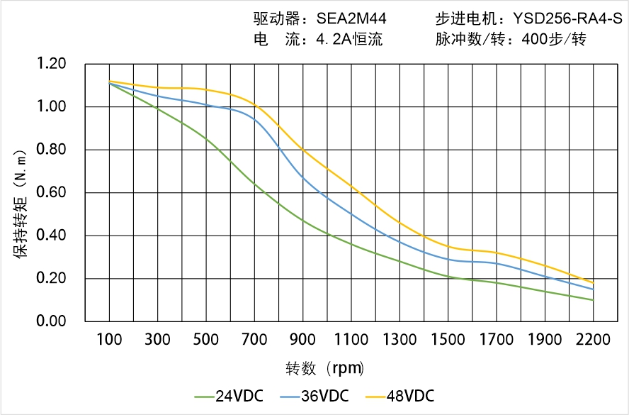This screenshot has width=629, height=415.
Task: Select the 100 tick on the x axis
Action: pos(109,340)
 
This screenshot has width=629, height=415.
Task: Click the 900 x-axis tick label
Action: pos(302,340)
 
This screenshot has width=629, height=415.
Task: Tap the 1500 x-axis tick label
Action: pos(448,340)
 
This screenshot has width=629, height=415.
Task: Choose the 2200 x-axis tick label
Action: pos(593,340)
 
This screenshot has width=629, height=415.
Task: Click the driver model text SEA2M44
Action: pos(346,19)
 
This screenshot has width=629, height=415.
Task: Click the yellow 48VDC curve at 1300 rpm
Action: pos(399,222)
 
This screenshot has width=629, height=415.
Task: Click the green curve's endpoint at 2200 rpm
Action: pos(593,300)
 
